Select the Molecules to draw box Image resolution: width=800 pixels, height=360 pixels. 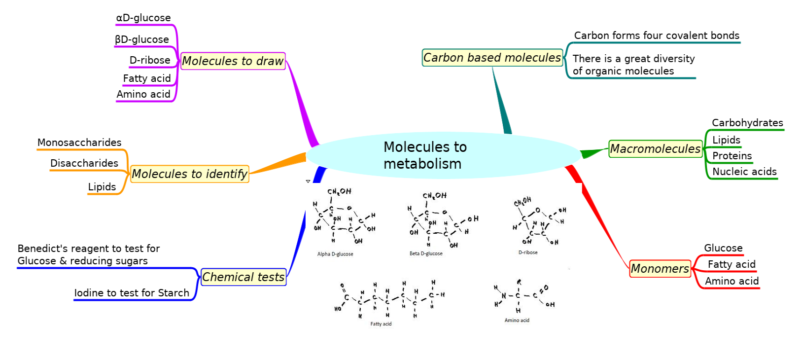[x=233, y=61]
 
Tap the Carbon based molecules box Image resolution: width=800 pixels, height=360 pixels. [x=492, y=58]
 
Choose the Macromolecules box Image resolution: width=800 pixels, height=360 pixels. [x=655, y=148]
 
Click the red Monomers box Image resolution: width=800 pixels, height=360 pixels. [x=660, y=269]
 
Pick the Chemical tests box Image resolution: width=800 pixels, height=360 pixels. [x=243, y=277]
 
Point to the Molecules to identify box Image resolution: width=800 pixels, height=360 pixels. [x=189, y=174]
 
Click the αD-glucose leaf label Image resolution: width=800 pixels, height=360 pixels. [x=143, y=18]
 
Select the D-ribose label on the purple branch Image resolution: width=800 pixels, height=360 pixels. [x=150, y=60]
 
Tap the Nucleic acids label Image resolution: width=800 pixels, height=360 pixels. [x=744, y=172]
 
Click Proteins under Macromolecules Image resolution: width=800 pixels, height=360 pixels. [x=732, y=156]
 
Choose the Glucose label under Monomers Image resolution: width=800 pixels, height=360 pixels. [x=723, y=248]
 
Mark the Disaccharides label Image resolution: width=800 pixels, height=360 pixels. [x=84, y=163]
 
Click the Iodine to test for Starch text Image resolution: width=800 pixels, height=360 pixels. [x=132, y=293]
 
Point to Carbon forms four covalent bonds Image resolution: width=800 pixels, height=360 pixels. [x=657, y=36]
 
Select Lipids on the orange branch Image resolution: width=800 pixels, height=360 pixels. [x=102, y=187]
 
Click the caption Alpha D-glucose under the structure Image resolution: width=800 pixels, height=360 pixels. [x=335, y=254]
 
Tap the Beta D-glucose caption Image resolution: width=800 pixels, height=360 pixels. [x=426, y=253]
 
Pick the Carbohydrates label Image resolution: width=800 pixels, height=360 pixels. [x=747, y=123]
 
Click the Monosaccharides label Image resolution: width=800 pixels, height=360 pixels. [x=79, y=143]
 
